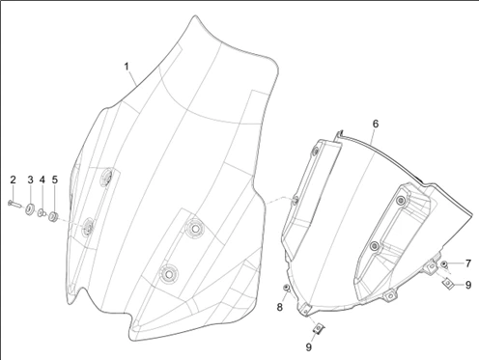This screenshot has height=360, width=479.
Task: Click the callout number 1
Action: coord(127,67)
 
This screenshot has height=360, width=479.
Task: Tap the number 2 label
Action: coord(13,180)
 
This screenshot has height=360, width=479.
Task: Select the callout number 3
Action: coord(30,180)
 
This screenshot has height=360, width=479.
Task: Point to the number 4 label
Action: coord(42,180)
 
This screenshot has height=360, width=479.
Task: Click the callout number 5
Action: coord(55,180)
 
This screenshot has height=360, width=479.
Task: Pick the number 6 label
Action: coord(376,124)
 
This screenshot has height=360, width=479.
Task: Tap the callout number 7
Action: coord(468,263)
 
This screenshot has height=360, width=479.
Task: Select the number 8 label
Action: coord(279,307)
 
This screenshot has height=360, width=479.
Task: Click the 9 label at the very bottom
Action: coord(309,347)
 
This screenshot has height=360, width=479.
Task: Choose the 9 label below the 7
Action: coord(468,285)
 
